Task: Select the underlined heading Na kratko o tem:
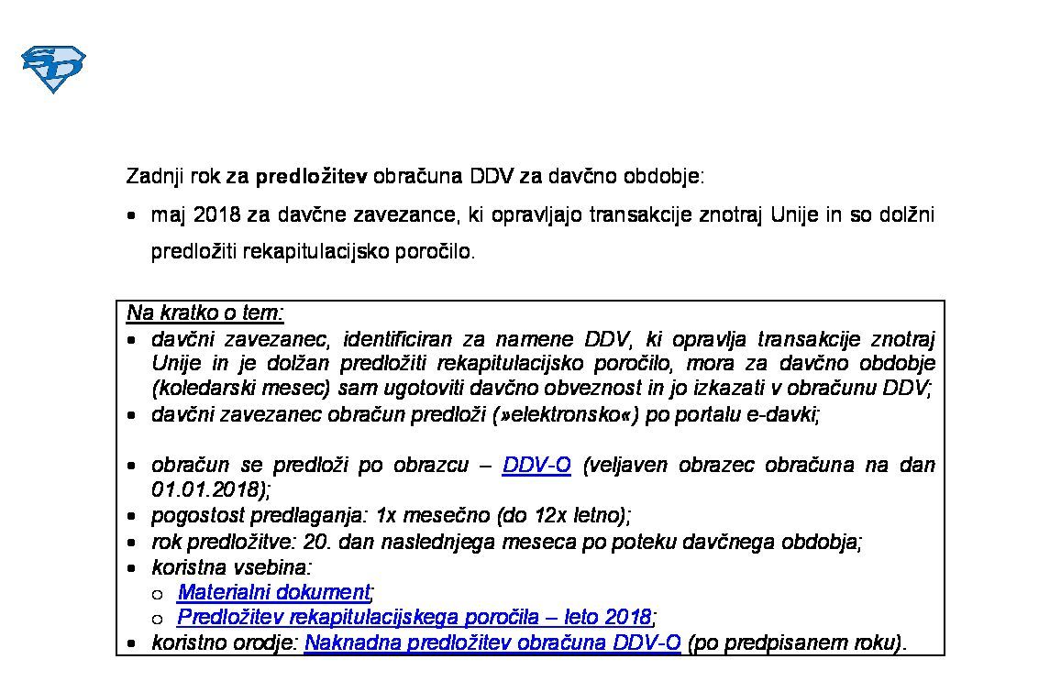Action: click(205, 313)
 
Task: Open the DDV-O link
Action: click(536, 466)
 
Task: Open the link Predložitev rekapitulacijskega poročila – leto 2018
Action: click(414, 617)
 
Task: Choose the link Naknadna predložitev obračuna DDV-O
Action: click(492, 643)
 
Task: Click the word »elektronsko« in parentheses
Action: click(566, 414)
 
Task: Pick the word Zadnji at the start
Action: click(154, 176)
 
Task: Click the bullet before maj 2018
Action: click(133, 216)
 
